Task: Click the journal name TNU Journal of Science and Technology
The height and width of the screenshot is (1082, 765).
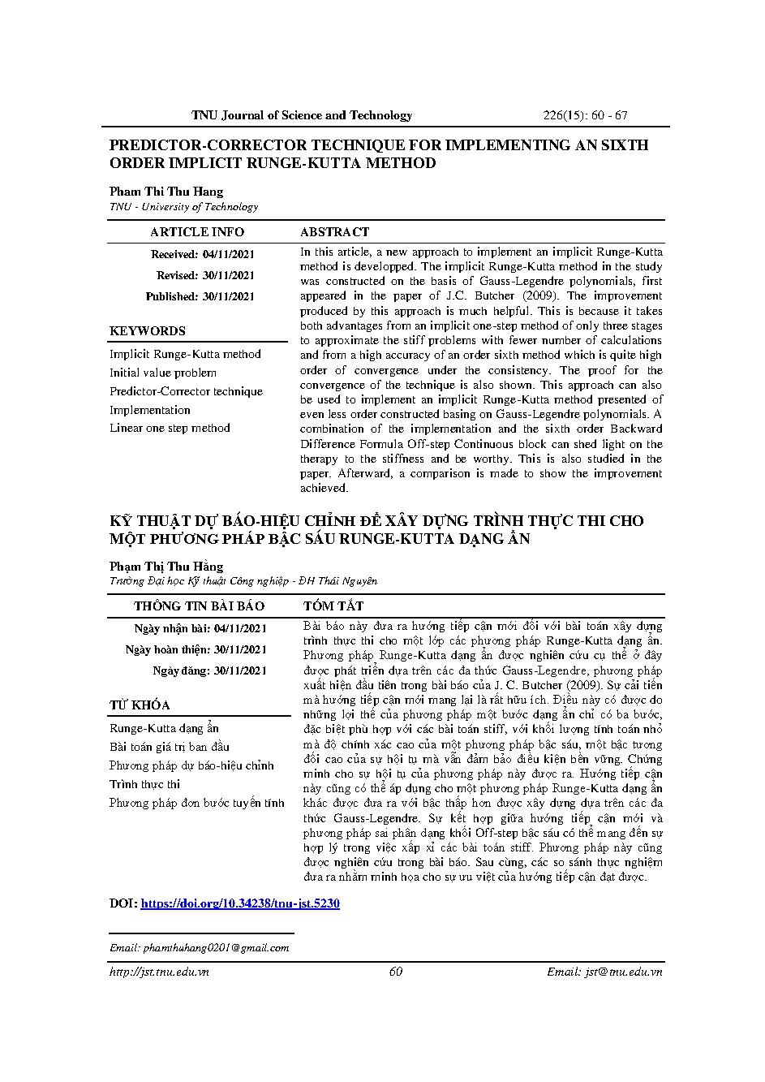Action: tap(302, 115)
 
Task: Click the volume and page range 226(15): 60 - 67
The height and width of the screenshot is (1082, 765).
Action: tap(584, 115)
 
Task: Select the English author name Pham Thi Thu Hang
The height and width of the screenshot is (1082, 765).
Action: tap(166, 192)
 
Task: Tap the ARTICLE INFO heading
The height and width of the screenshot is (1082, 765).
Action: tap(197, 232)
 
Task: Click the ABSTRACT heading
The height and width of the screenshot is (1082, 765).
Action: tap(334, 232)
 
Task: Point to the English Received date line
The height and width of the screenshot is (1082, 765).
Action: tap(203, 254)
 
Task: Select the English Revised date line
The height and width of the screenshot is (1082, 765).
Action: tap(205, 275)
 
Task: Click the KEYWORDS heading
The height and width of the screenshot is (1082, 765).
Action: tap(148, 330)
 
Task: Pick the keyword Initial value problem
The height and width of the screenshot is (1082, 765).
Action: tap(163, 373)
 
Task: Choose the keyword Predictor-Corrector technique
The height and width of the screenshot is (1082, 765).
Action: tap(186, 391)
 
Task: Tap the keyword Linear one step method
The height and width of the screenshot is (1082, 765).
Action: tap(170, 428)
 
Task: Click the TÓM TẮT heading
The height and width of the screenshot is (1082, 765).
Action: tap(333, 606)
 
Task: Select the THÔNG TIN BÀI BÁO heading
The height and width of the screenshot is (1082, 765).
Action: tap(199, 606)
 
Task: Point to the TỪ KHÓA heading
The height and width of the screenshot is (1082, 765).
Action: tap(140, 705)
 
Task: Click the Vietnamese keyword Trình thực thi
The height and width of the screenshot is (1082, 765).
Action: tap(144, 784)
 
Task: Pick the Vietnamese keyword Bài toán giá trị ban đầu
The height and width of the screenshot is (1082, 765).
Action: tap(170, 747)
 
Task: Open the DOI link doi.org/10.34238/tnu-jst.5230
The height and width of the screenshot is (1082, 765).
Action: tap(240, 903)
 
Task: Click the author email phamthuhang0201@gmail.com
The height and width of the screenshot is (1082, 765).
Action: tap(215, 947)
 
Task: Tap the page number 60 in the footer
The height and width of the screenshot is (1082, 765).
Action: tap(396, 972)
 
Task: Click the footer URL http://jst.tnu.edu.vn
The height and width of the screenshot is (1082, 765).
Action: tap(159, 972)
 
